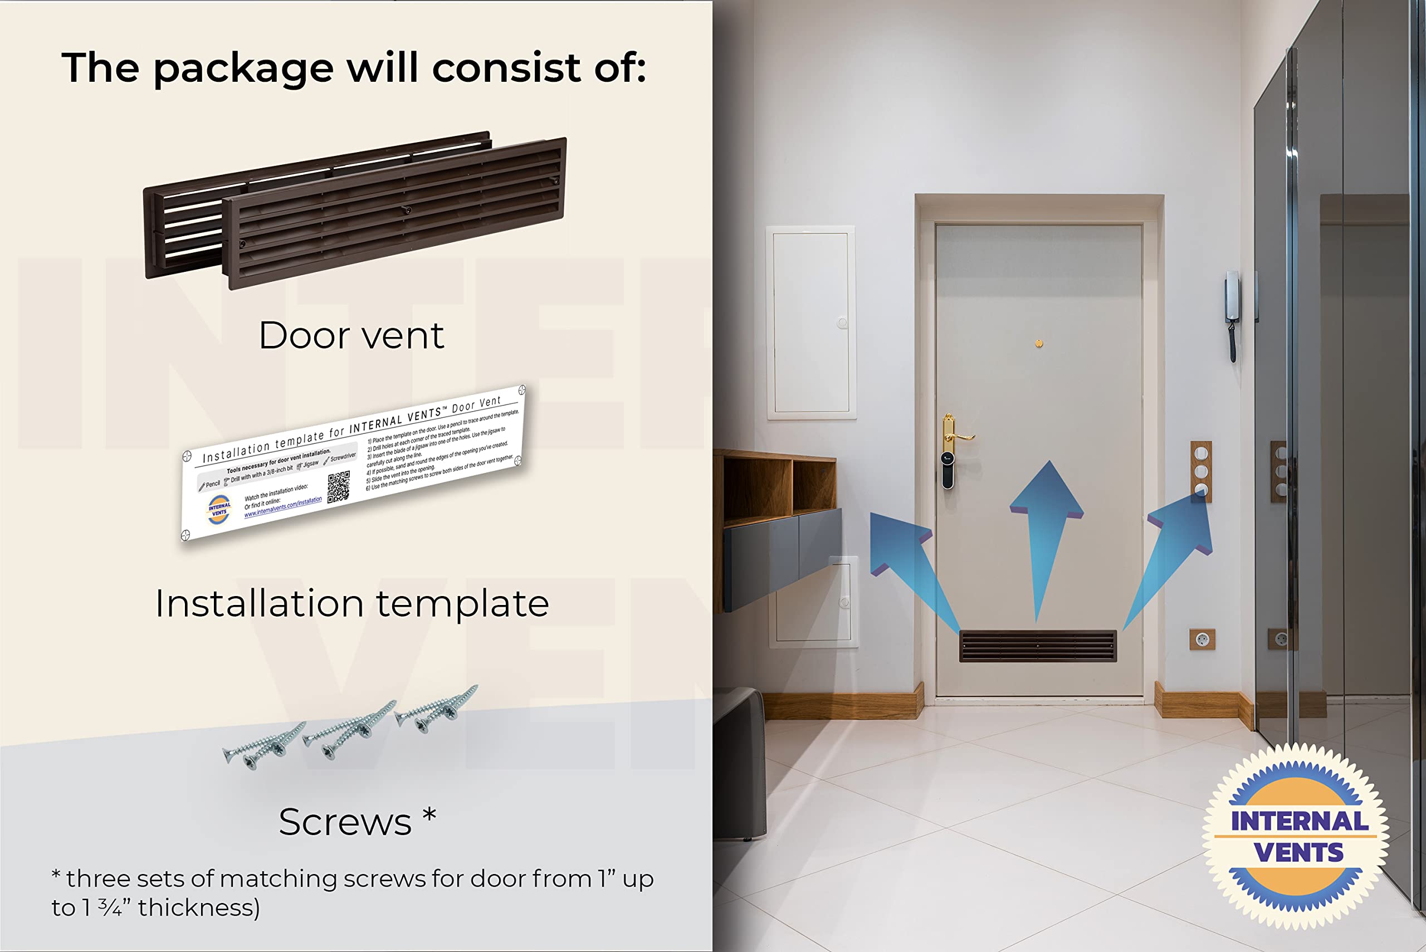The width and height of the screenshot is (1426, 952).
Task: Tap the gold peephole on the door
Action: tap(1039, 344)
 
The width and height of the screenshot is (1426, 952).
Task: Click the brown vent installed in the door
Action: tap(1038, 646)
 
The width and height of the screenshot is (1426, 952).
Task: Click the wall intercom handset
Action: tap(1232, 316)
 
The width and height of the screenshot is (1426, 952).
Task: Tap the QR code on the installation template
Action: tap(338, 487)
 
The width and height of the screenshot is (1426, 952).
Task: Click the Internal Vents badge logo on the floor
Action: tap(1296, 837)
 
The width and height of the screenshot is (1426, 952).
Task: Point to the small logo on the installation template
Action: tap(219, 509)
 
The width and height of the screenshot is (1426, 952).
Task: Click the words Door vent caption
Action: tap(351, 335)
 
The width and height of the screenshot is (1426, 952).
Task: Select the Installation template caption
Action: tap(351, 603)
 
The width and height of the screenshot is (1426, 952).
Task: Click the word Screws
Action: tap(345, 822)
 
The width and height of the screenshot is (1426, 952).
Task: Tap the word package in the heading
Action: tap(243, 68)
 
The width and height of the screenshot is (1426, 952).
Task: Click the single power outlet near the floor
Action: tap(1202, 639)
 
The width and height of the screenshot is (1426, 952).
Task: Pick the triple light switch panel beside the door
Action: tap(1200, 471)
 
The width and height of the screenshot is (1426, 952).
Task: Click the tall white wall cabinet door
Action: tap(811, 323)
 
